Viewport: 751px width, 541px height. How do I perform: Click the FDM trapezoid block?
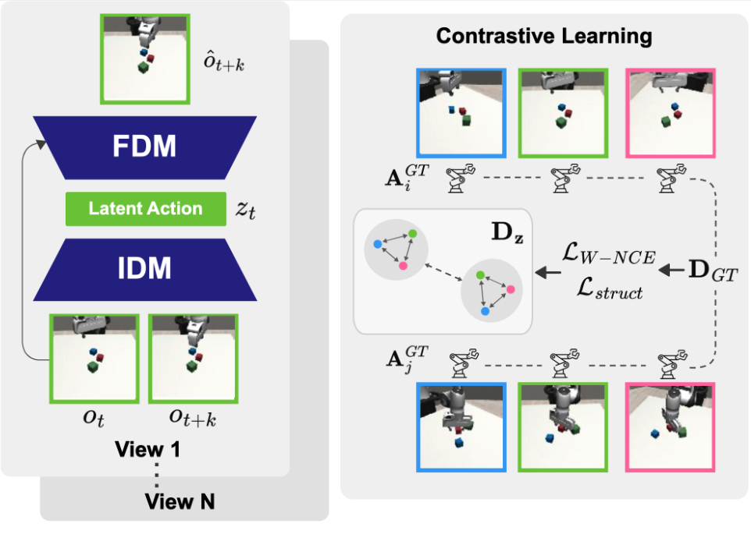tap(145, 147)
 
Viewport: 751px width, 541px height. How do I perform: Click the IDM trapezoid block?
tap(145, 269)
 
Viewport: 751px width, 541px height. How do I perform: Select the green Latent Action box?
tap(145, 208)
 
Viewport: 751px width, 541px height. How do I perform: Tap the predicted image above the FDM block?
tap(145, 58)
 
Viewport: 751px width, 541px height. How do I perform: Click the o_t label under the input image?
tap(94, 419)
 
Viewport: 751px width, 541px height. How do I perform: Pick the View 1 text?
tap(148, 450)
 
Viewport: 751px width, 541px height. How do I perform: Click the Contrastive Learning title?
tap(544, 36)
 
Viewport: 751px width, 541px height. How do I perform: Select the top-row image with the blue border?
tap(461, 113)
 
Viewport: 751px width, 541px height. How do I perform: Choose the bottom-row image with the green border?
tap(563, 426)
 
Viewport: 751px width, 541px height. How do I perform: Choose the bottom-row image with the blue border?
tap(461, 426)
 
